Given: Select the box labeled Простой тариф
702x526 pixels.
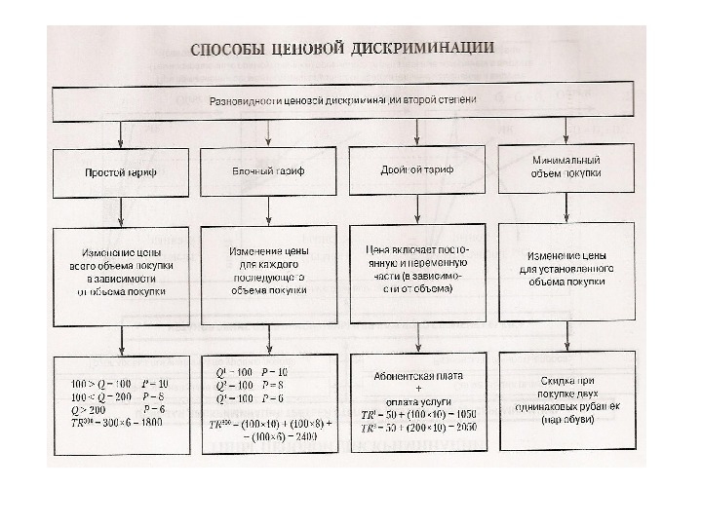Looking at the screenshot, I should coord(121,172).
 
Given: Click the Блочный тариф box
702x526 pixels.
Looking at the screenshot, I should coord(268,171).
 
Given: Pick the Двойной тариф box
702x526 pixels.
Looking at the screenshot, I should coord(416,169).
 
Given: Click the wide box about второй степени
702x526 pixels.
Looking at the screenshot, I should coord(343,100).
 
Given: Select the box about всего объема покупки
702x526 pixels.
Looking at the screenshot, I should coord(121,276).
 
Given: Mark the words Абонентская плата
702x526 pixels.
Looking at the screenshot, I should coord(416,374).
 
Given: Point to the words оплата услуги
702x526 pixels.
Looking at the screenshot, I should coord(416,399).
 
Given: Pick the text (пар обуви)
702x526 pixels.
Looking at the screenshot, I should coord(565,420).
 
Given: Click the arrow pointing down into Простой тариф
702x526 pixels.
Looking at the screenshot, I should coord(121,134).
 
